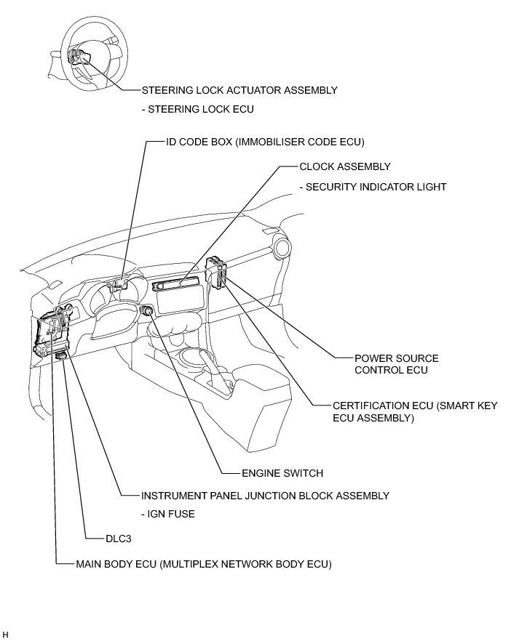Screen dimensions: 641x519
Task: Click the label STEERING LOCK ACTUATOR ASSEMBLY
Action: coord(239,91)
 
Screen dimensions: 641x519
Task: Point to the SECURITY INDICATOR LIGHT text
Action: coord(373,187)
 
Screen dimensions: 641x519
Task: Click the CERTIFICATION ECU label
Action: coord(415,412)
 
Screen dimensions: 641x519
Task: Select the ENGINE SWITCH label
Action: coord(282,473)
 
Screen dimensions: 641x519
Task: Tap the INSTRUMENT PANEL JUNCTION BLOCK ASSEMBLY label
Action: coord(265,496)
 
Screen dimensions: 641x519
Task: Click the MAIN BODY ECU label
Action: coord(203,563)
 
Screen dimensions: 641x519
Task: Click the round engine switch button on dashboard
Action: coord(146,310)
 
